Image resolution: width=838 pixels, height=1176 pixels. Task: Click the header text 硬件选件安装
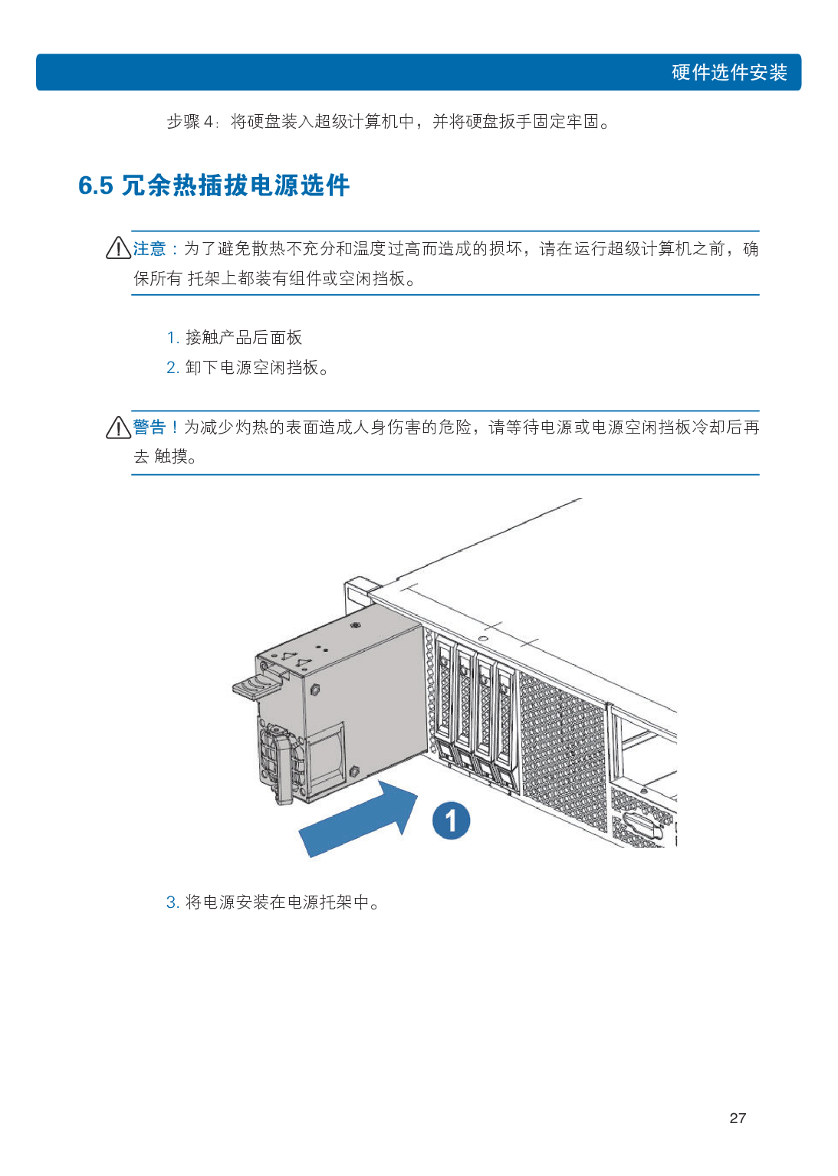(x=729, y=73)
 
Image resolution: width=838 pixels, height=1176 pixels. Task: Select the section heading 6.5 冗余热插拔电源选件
(x=214, y=185)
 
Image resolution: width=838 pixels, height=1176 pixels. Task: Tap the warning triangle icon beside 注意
(x=118, y=248)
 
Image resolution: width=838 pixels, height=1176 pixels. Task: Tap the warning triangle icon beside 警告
(x=118, y=427)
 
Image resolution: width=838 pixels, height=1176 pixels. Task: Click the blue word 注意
(x=150, y=249)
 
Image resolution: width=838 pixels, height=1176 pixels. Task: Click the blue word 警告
(x=149, y=427)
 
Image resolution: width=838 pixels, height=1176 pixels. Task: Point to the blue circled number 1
(x=451, y=821)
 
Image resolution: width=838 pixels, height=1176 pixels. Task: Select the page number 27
(x=738, y=1118)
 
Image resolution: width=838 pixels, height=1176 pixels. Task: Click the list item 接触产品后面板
(x=244, y=337)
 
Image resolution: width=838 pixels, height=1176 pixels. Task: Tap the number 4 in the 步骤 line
(x=208, y=122)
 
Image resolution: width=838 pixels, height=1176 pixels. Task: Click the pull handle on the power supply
(x=281, y=766)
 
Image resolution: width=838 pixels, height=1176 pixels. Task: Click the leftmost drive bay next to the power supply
(x=445, y=697)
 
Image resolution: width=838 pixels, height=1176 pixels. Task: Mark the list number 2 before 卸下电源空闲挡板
(x=172, y=368)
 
